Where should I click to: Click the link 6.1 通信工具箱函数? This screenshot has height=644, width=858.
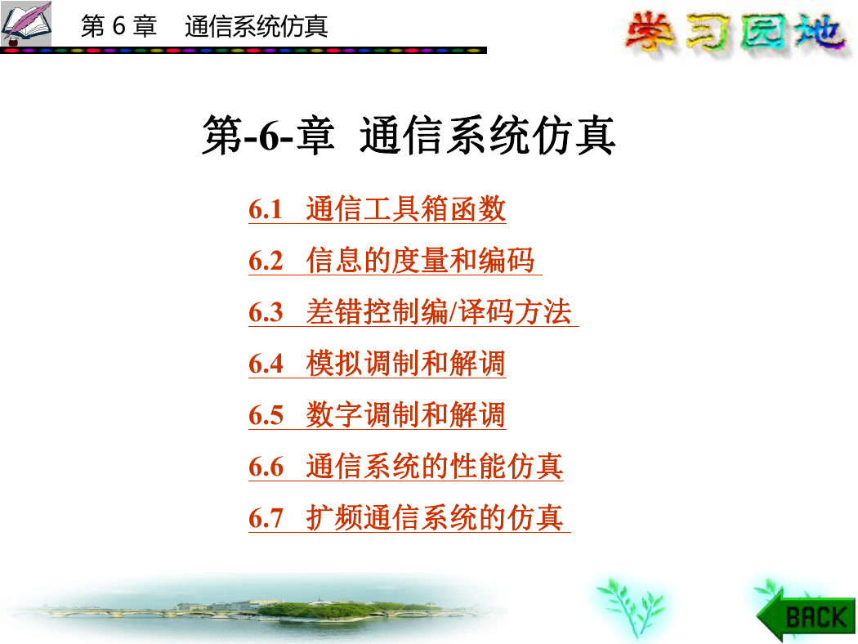click(377, 209)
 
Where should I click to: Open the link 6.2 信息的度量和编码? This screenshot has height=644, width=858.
click(395, 261)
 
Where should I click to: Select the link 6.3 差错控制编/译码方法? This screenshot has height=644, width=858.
click(413, 312)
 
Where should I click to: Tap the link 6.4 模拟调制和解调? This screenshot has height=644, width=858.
click(377, 364)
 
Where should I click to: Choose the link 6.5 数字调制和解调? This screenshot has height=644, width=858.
click(377, 414)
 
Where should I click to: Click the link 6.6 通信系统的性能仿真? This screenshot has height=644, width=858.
click(406, 466)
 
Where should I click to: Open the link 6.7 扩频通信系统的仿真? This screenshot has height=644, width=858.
click(409, 517)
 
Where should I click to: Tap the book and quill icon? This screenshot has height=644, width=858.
click(25, 24)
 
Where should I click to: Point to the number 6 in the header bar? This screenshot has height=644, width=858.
click(119, 25)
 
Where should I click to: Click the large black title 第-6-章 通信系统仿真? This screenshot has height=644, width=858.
click(409, 135)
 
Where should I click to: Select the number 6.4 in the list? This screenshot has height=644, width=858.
click(266, 364)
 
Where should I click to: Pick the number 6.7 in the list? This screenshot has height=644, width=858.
click(266, 518)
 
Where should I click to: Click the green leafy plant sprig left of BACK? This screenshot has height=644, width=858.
click(630, 607)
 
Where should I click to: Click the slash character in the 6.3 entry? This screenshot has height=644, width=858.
click(453, 312)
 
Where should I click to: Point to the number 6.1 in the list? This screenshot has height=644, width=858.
click(266, 209)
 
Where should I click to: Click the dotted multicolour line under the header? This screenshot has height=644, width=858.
click(244, 51)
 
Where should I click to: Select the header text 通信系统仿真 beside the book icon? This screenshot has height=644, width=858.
click(257, 26)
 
